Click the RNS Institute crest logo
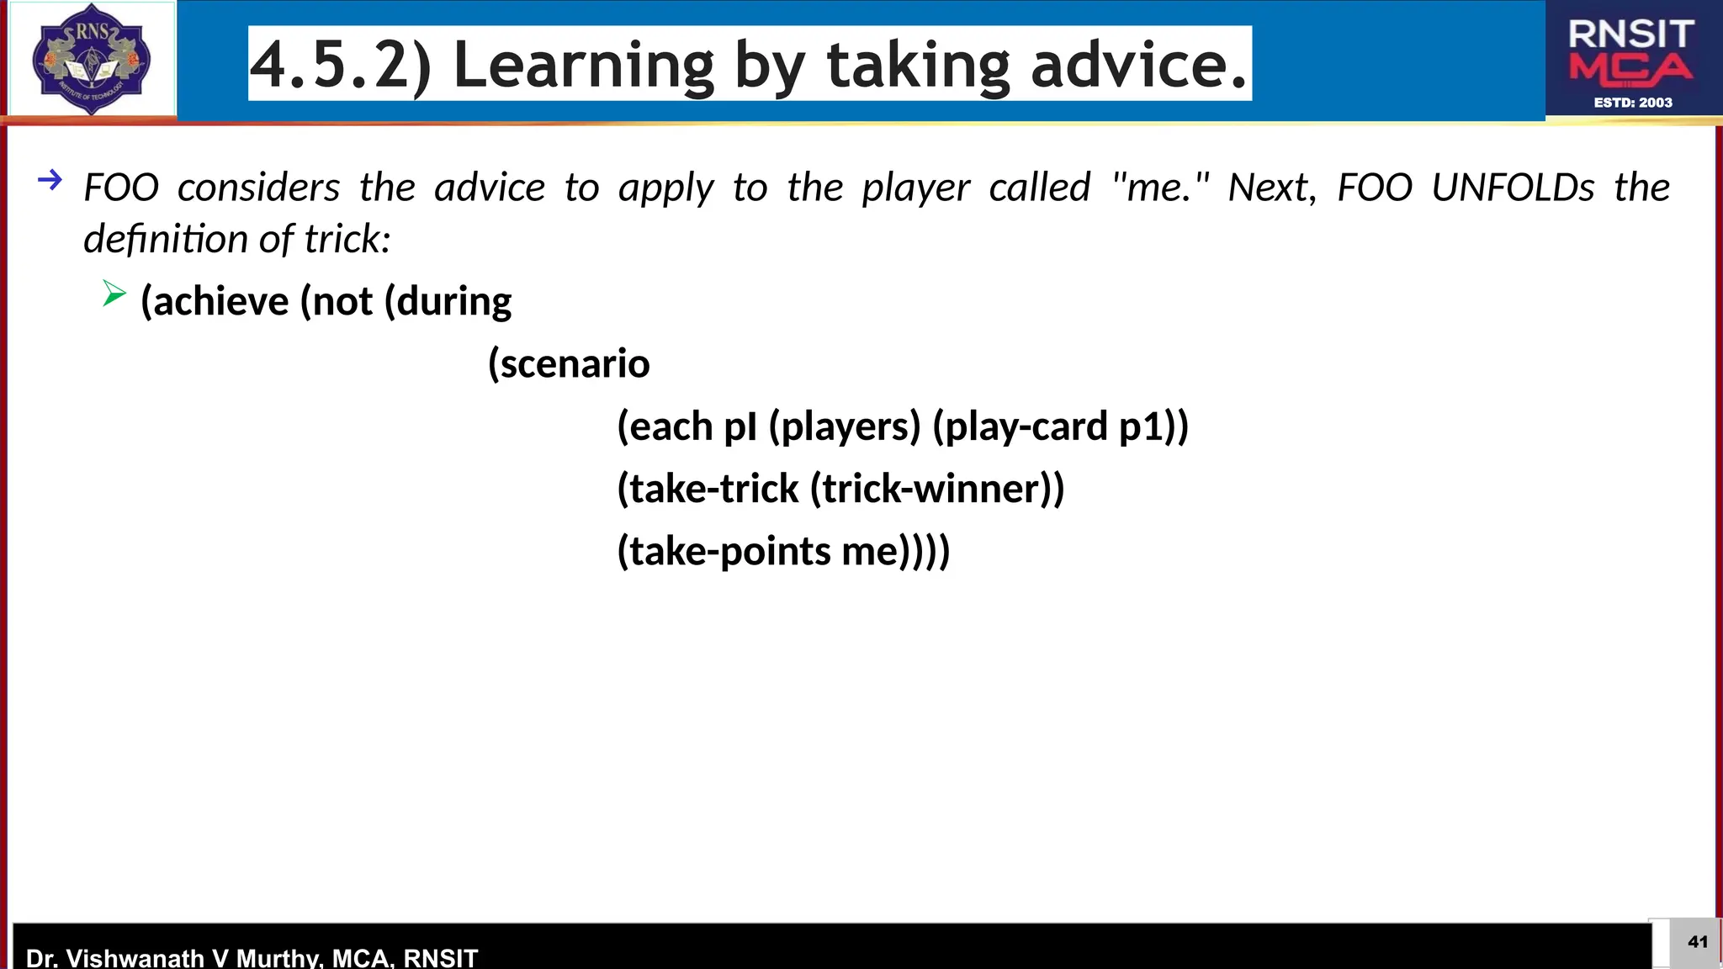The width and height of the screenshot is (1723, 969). pos(91,59)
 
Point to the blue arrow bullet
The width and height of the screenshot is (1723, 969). pos(50,179)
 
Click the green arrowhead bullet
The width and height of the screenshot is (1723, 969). pos(114,294)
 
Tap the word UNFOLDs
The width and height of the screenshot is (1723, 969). pos(1512,187)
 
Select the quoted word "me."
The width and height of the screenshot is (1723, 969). pos(1160,187)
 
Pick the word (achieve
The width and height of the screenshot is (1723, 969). pos(215,302)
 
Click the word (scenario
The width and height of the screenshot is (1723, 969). pos(569,364)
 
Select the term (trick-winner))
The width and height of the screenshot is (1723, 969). pos(936,489)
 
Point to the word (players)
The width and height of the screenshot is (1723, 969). pos(845,426)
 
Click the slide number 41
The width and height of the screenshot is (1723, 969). pos(1697,942)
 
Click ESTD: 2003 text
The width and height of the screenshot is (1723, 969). pos(1632,103)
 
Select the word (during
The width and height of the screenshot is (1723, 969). pos(448,302)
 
